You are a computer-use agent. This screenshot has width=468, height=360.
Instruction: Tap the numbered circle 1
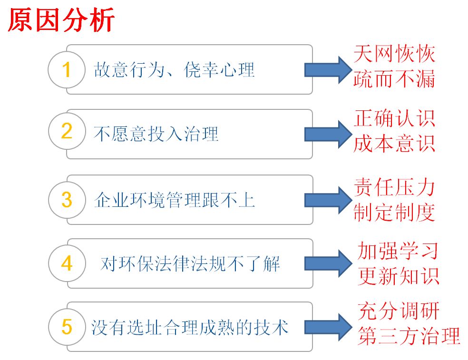point(67,70)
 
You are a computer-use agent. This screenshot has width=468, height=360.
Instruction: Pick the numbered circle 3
point(67,200)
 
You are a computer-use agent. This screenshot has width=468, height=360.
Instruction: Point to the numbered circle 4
point(67,263)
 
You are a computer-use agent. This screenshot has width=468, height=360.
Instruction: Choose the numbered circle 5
point(67,327)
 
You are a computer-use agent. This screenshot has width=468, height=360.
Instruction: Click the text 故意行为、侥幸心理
point(174,70)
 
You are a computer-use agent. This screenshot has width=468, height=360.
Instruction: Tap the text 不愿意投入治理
point(156,134)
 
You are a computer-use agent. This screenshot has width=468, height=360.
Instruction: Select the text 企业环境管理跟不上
point(174,200)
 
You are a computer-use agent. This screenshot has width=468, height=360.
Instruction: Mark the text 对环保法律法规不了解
point(190,263)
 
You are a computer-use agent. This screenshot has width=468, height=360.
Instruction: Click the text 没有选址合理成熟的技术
point(190,327)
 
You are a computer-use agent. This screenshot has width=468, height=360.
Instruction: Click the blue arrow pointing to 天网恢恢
point(327,70)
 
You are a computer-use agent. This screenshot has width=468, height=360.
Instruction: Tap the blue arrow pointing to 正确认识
point(327,134)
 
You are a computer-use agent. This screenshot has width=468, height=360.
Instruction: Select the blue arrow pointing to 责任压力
point(327,199)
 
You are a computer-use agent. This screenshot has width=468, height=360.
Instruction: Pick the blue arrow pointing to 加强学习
point(327,263)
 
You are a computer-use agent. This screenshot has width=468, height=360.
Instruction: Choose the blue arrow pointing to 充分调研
point(327,327)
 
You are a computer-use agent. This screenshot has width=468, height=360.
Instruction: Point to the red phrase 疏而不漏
point(394,79)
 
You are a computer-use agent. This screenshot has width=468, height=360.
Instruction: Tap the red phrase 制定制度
point(394,213)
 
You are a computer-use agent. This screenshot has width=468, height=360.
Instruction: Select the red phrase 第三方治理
point(409,336)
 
